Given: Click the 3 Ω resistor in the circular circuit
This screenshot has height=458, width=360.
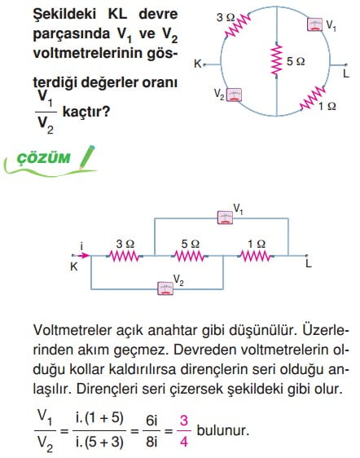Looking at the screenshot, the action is click(238, 26).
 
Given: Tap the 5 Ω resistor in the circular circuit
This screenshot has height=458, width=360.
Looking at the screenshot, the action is click(276, 59).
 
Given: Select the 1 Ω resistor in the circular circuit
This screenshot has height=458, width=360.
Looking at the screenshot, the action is click(313, 99).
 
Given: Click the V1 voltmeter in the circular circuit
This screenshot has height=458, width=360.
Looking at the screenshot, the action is click(314, 24).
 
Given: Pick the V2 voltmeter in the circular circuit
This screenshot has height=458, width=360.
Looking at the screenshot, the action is click(234, 95).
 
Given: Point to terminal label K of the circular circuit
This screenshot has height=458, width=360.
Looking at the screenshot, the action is click(198, 64).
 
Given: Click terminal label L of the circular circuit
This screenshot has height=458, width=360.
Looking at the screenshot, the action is click(346, 73).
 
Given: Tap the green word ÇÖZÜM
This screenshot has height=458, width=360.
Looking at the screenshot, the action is click(43, 158).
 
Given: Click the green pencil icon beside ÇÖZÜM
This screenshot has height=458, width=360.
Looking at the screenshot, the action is click(87, 157).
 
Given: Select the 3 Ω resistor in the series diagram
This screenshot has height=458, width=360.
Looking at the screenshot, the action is click(125, 257).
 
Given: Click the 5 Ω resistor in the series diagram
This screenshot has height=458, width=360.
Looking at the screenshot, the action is click(190, 257).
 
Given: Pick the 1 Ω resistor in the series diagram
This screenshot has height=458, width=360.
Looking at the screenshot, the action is click(256, 257).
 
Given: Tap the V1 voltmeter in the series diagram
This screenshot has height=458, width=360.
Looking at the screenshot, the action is click(225, 218).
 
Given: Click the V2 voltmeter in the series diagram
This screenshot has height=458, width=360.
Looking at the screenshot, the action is click(165, 288).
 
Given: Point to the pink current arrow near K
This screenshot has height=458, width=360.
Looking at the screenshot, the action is click(84, 256).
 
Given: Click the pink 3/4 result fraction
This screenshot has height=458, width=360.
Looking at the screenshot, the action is click(183, 431).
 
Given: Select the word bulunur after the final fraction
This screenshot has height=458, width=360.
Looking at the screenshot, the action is click(223, 430).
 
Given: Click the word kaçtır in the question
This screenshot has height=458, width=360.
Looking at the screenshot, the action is click(86, 112).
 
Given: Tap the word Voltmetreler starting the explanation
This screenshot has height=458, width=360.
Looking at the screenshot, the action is click(72, 330).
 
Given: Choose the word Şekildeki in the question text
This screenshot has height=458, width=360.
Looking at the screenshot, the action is click(64, 15).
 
